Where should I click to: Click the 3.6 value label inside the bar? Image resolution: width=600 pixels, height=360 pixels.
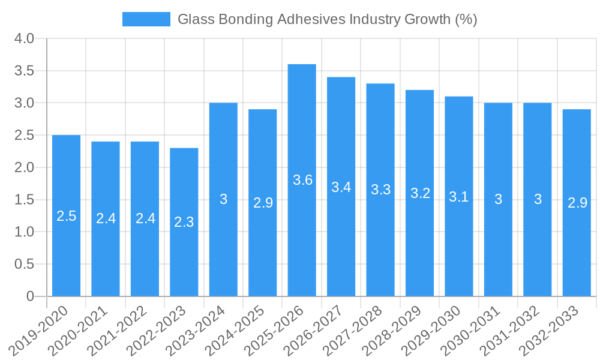click(302, 180)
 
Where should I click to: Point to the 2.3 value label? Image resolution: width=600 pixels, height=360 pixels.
click(184, 222)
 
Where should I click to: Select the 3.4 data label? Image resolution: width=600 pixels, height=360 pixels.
click(341, 187)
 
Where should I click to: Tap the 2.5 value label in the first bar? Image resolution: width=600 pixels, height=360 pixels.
click(66, 216)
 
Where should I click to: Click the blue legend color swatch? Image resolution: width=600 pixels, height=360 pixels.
click(146, 19)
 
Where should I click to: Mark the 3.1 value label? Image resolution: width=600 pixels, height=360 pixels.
click(459, 197)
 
